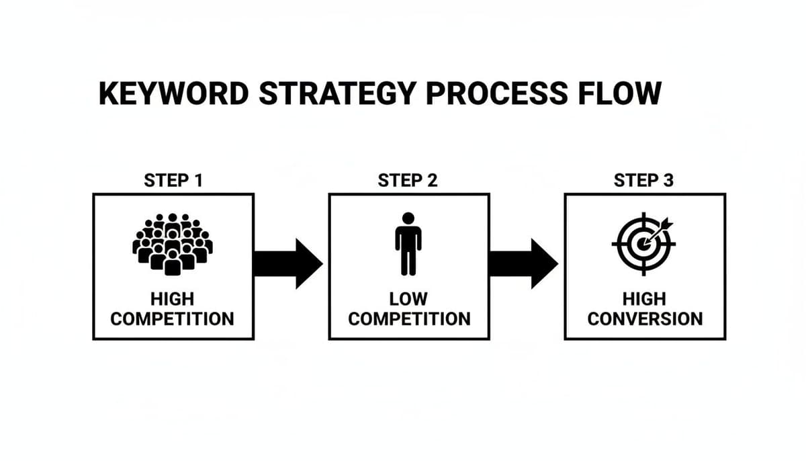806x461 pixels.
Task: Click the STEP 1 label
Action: [173, 181]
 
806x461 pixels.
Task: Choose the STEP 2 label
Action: [408, 181]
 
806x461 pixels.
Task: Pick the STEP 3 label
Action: [644, 181]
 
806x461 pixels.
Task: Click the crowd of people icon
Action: [173, 243]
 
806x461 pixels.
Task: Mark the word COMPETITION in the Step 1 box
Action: [173, 319]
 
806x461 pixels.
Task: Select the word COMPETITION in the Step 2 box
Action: [409, 319]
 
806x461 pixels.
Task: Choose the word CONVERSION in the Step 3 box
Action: [645, 319]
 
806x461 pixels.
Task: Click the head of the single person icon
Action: [408, 218]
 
